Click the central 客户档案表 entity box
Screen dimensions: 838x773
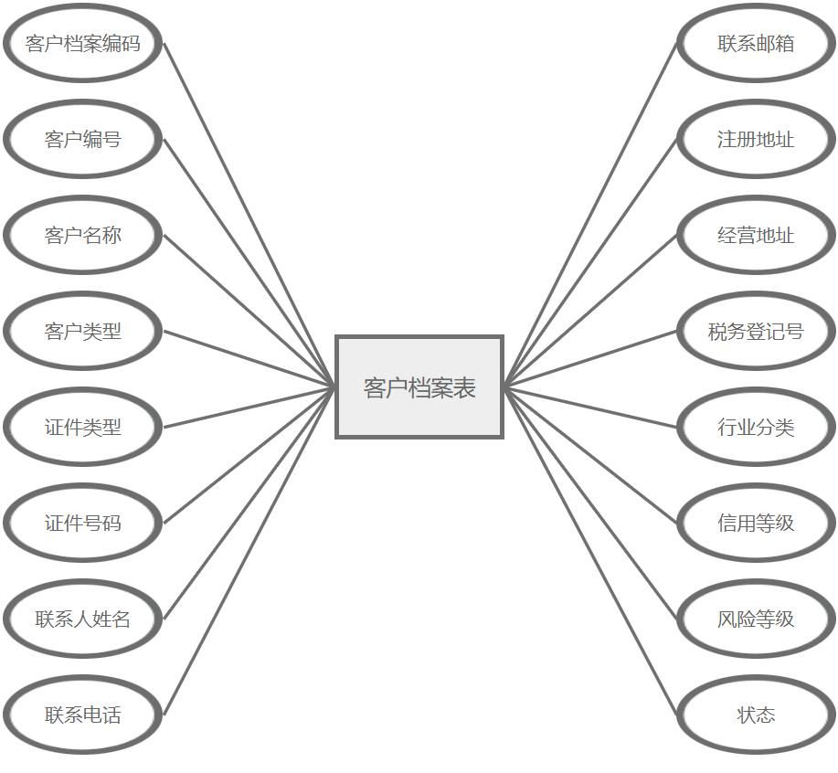point(419,387)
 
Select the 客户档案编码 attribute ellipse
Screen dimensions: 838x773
point(83,44)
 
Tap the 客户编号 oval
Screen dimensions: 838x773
point(83,140)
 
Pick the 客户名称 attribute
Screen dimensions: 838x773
point(83,236)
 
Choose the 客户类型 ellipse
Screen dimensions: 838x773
point(83,332)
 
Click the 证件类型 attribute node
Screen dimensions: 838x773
point(83,428)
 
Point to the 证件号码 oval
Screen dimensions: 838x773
point(83,524)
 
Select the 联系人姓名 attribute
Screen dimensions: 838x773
point(83,619)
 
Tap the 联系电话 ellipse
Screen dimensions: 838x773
point(83,715)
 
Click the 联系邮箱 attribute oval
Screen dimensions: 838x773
point(756,44)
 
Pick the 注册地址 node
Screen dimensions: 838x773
point(756,140)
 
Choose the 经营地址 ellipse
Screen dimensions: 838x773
point(756,236)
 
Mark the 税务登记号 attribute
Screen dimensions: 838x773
point(756,332)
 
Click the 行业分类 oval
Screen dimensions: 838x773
point(756,428)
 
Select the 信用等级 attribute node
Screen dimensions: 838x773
point(756,524)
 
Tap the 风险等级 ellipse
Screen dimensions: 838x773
point(756,619)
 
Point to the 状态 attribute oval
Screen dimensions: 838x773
point(756,715)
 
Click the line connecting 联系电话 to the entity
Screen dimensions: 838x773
point(249,551)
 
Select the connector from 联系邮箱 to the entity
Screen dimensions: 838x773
point(590,216)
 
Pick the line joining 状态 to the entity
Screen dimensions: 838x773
point(590,551)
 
